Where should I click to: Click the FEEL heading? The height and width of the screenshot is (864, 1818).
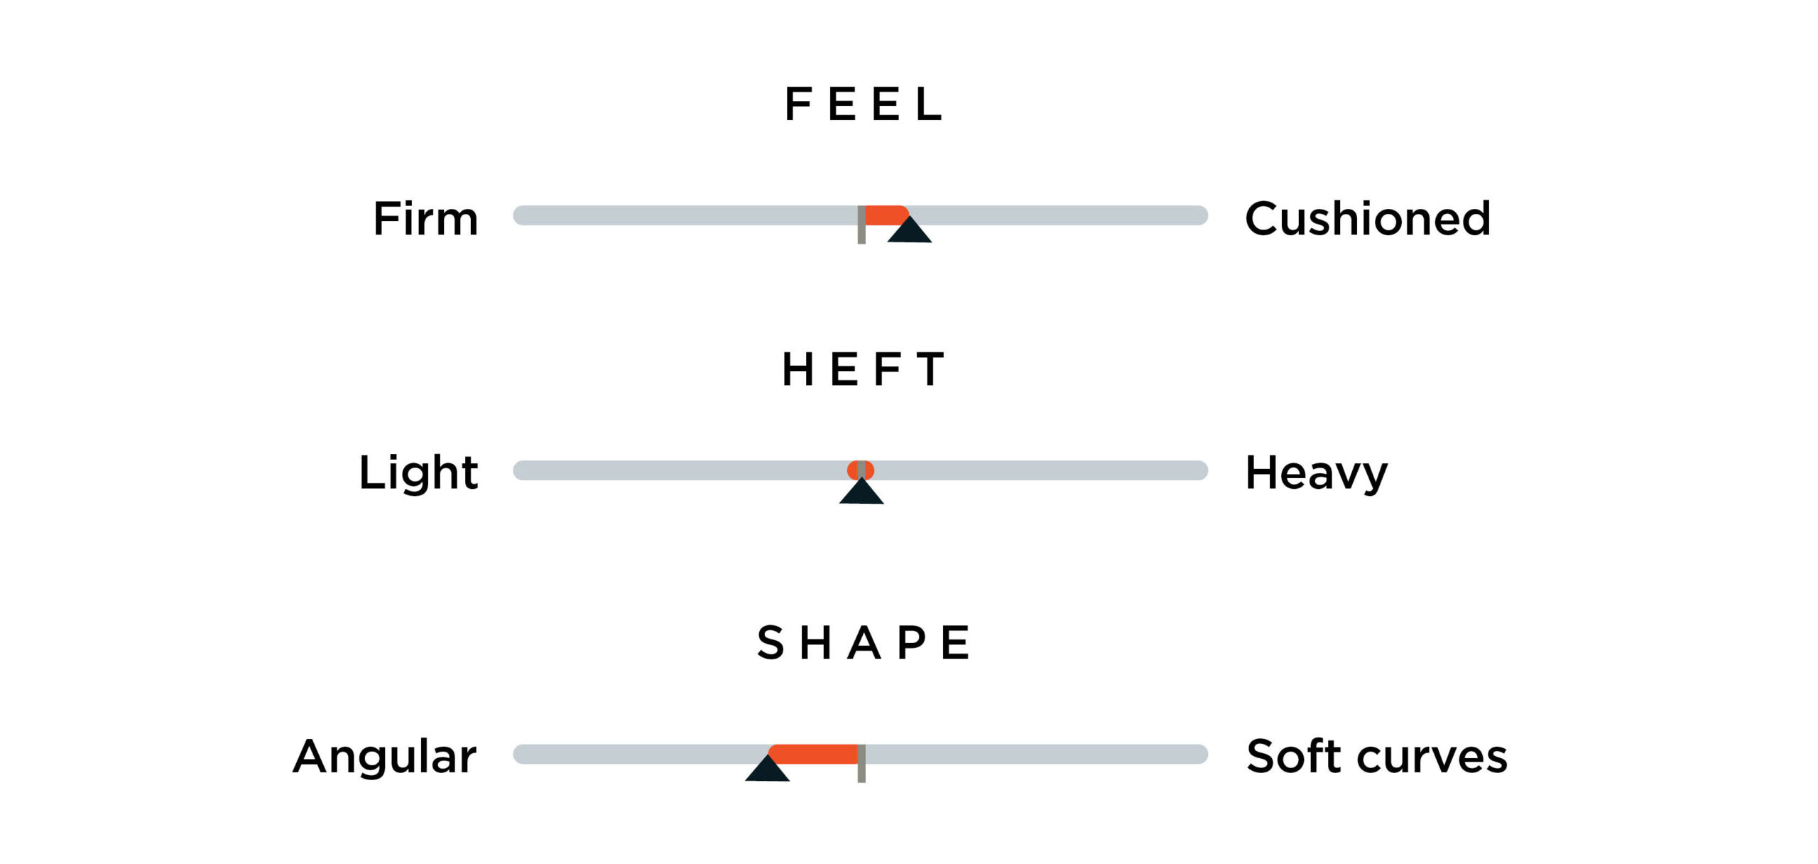864,104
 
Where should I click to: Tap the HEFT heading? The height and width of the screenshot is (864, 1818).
864,369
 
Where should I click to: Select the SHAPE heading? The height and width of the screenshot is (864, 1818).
864,642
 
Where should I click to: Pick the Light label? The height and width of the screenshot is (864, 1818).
418,472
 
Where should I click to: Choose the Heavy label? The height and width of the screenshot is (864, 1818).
1316,473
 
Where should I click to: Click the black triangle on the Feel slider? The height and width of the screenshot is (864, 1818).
909,231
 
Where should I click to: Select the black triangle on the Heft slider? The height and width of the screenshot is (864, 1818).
861,492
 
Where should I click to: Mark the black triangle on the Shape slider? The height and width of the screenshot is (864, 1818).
767,769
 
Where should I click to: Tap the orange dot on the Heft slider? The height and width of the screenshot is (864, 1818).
861,470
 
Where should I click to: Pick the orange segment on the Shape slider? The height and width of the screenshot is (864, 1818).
814,754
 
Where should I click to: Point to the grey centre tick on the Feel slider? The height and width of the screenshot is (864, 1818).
861,225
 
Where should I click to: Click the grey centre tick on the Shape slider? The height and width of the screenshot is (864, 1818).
861,763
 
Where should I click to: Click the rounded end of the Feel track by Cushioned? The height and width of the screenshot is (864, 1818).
1202,215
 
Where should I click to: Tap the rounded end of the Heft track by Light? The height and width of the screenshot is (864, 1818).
520,470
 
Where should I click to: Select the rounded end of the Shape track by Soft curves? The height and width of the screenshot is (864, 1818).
1202,754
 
